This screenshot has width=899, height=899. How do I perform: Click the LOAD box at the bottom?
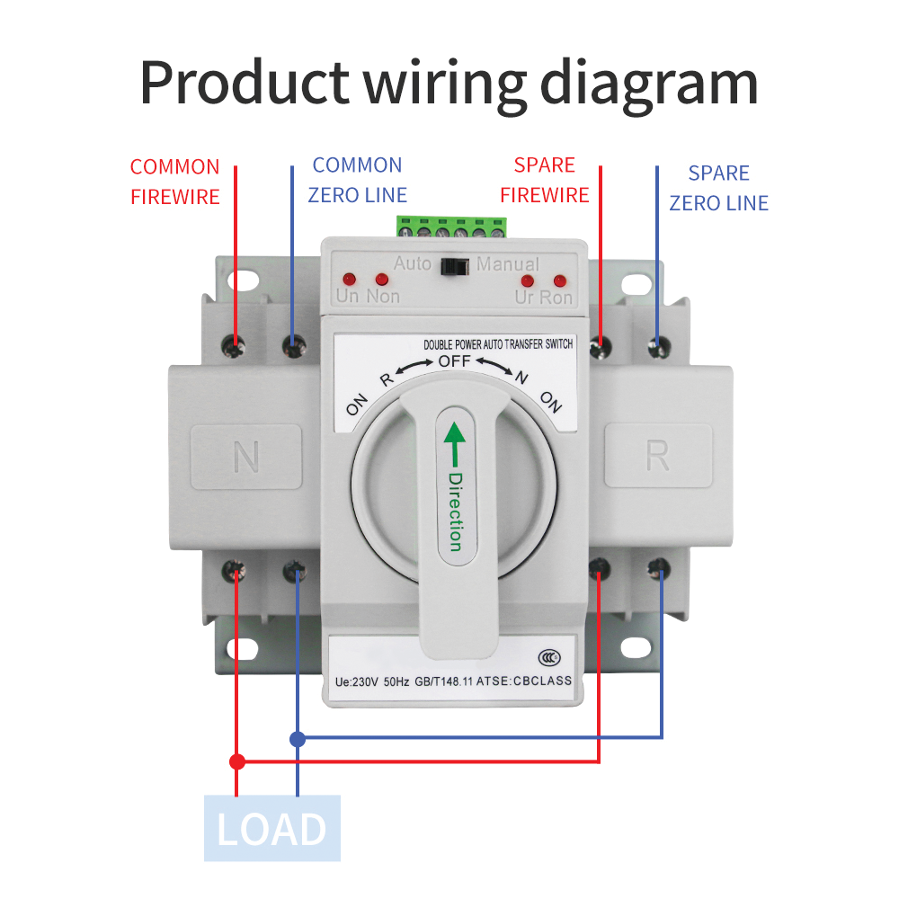pos(272,828)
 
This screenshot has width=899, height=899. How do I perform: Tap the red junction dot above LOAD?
pos(237,761)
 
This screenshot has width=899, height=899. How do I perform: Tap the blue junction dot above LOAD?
pos(297,739)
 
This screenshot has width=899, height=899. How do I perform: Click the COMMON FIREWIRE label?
pos(175,182)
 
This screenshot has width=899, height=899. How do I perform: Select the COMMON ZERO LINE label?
pos(357,180)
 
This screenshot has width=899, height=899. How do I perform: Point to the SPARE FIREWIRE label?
pos(544,180)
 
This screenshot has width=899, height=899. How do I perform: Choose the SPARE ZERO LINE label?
pos(718,188)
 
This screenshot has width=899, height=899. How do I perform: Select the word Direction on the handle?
pos(455,512)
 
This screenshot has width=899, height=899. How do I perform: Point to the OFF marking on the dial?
pos(454,362)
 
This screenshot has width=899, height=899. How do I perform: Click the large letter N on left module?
pos(245,457)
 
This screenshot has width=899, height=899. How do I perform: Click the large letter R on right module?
pos(658,457)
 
